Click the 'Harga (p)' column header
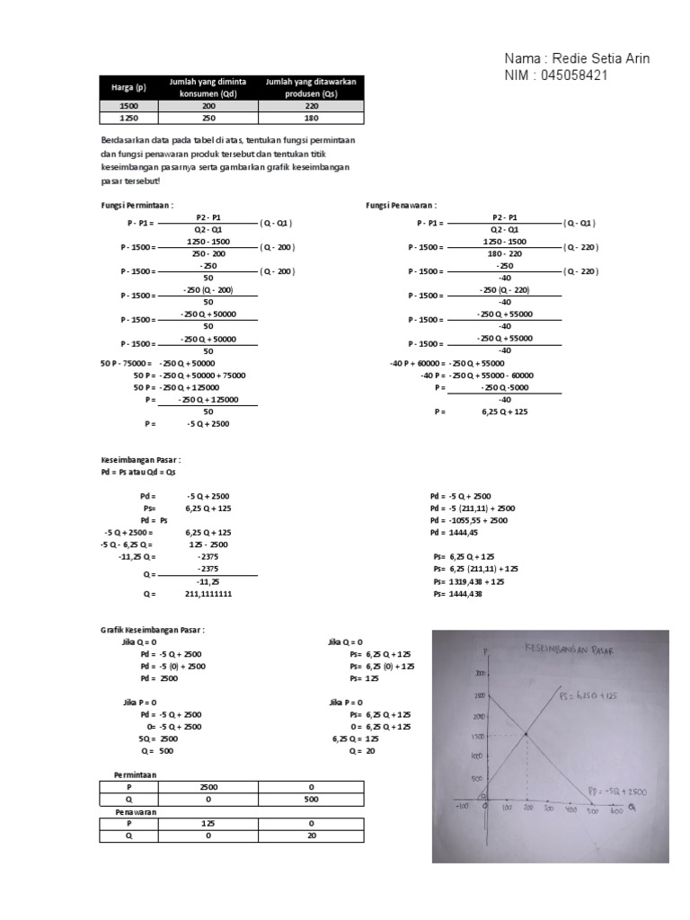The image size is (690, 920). [x=128, y=88]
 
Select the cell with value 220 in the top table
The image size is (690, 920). [x=311, y=105]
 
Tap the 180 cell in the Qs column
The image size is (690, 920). [x=311, y=117]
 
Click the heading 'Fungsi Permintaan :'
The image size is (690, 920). [x=136, y=205]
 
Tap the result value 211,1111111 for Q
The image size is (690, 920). [x=211, y=594]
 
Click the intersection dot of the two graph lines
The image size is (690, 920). [x=526, y=735]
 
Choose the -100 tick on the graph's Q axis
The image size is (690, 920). [x=464, y=806]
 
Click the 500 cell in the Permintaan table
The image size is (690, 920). [x=311, y=798]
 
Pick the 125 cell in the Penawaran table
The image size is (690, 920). [x=207, y=822]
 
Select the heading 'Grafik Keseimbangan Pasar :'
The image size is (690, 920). [x=153, y=631]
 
